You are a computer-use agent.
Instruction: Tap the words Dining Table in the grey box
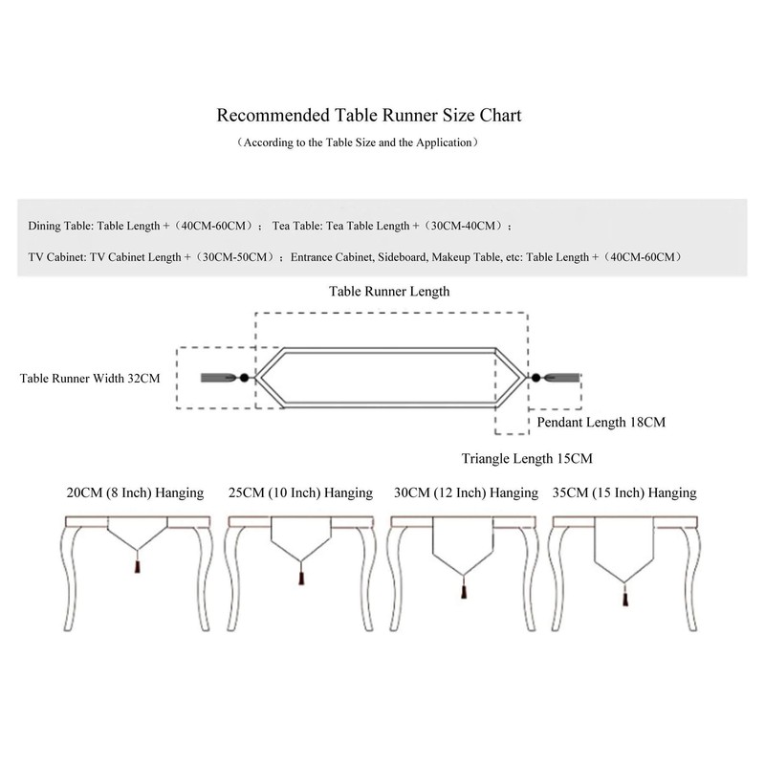59,227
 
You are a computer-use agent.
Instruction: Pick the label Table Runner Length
388,291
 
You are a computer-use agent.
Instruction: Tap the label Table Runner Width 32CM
90,378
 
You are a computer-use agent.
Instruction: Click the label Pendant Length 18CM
601,421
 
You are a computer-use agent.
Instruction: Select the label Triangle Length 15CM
527,458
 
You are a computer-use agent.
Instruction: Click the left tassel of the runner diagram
218,378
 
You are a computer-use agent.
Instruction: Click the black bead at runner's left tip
244,378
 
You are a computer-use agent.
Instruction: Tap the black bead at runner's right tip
536,378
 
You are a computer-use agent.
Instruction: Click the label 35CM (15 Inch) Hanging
625,493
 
